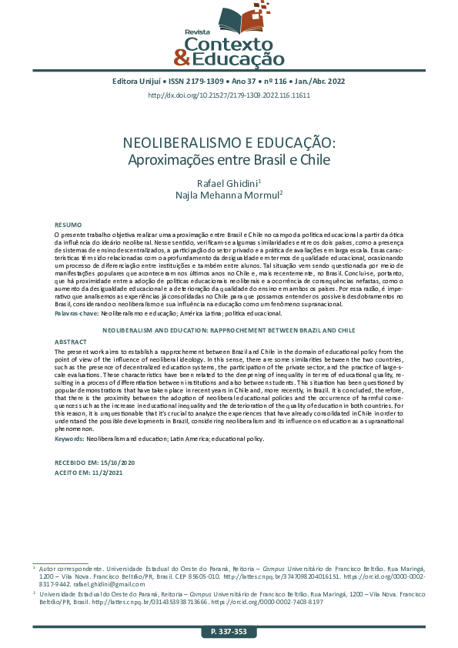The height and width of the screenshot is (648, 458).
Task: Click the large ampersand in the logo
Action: tap(181, 56)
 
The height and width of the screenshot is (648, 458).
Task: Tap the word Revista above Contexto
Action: tap(197, 32)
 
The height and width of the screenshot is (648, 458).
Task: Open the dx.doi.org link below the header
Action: tap(229, 95)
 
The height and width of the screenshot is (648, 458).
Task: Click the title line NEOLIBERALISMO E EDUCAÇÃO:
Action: tap(229, 143)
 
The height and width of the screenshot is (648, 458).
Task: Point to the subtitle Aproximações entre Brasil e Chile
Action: tap(229, 161)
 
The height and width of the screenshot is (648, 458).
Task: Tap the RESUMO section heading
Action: tap(67, 223)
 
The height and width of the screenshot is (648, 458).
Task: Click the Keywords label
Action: tap(69, 438)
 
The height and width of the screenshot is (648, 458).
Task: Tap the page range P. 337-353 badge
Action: tap(229, 632)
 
